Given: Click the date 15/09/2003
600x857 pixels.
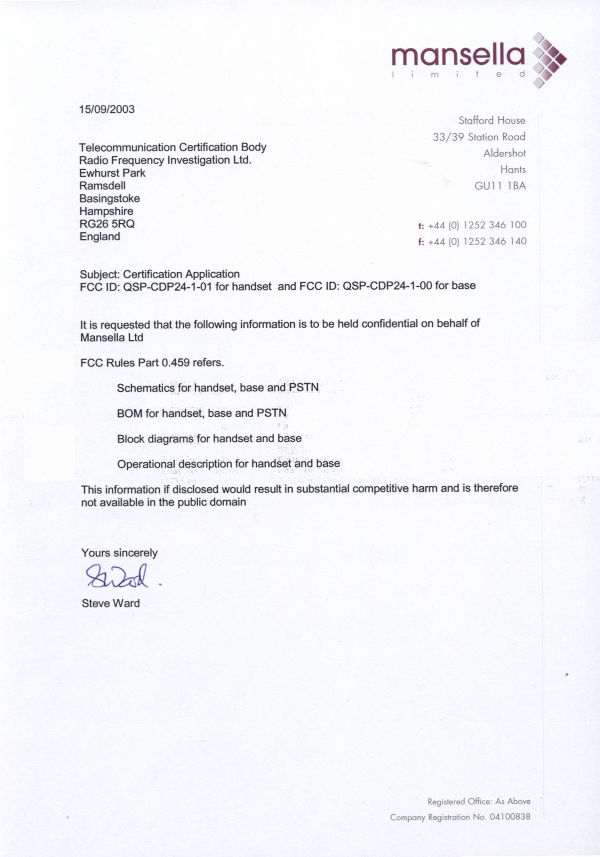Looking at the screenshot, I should pyautogui.click(x=107, y=109).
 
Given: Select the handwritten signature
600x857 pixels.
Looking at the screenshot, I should pyautogui.click(x=117, y=577).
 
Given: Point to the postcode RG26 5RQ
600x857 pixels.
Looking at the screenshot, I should pyautogui.click(x=107, y=223).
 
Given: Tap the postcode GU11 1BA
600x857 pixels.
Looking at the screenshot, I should pyautogui.click(x=500, y=186).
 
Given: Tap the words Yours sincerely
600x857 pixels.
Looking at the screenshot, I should pyautogui.click(x=119, y=553).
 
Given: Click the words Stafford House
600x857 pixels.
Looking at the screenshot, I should pyautogui.click(x=492, y=120).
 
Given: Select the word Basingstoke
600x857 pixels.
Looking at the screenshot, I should pyautogui.click(x=110, y=198).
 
